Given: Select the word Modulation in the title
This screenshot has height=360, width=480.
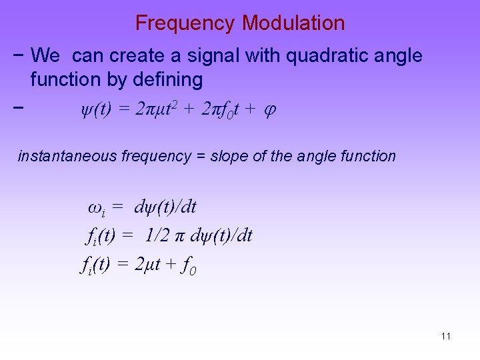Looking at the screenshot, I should pos(293,23).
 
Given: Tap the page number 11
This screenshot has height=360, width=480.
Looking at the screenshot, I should pos(446,336).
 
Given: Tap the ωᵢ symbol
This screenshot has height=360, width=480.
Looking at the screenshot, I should pos(96,208).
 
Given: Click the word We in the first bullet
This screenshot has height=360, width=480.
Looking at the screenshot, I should pos(45,56).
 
